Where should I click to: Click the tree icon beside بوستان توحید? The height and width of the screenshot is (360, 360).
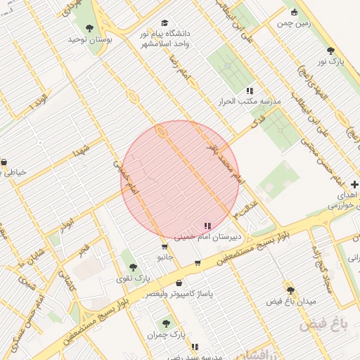89,28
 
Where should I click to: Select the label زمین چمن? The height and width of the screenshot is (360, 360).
294,22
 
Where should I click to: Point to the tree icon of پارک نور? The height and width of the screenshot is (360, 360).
330,51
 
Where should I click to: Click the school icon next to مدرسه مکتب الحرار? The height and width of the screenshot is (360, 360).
250,91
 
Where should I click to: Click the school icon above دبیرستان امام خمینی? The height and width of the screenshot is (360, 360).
207,226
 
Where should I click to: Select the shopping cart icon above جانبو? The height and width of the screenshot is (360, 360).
165,246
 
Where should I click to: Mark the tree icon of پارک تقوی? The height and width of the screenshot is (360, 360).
132,267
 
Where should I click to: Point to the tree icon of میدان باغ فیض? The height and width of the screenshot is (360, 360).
290,290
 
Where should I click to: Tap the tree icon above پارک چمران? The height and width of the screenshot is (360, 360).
166,323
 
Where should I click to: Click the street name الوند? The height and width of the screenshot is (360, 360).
39,104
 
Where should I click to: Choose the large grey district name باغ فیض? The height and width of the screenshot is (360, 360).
324,326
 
